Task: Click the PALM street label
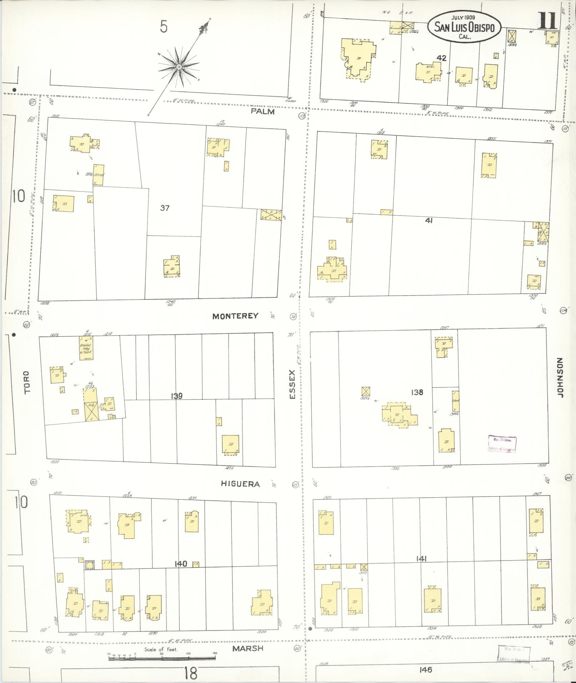coord(262,111)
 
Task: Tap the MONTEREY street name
coord(235,316)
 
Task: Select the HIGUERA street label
coord(240,484)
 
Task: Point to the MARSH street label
coord(248,648)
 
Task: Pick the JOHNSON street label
coord(560,378)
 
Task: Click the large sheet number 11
coord(548,21)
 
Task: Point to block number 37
coord(164,207)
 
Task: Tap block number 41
coord(429,221)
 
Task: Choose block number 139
coord(177,396)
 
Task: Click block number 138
coord(417,392)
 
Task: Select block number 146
coord(426,670)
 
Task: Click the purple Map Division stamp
coord(502,445)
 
